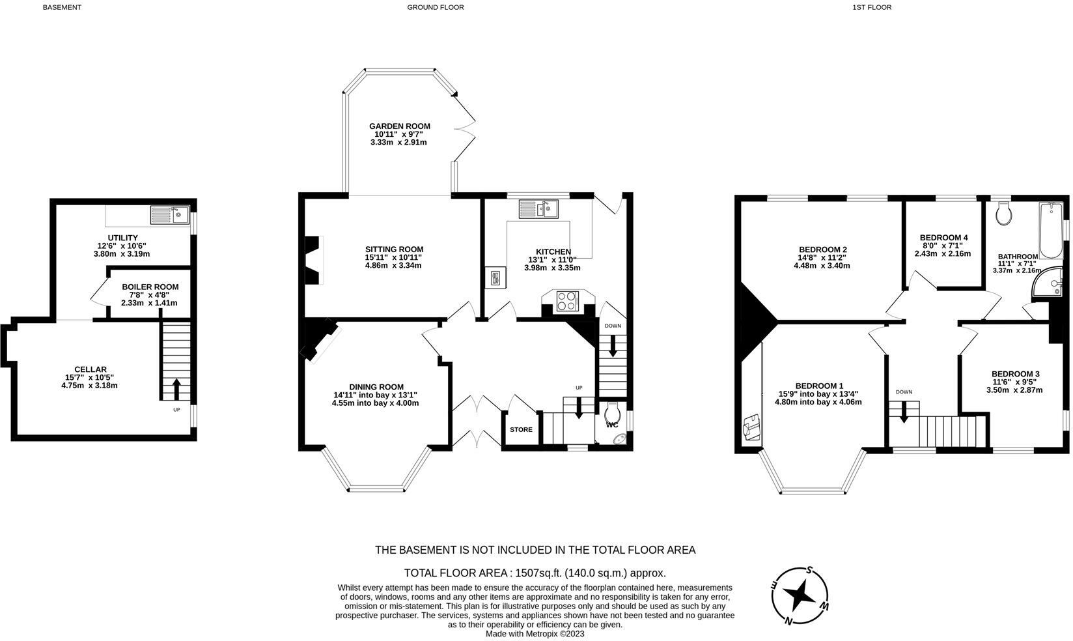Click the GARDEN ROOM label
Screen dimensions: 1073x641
pyautogui.click(x=400, y=126)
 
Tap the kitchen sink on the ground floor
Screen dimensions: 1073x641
pyautogui.click(x=538, y=209)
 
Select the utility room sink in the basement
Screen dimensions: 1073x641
pyautogui.click(x=169, y=215)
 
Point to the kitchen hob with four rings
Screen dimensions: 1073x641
pyautogui.click(x=566, y=301)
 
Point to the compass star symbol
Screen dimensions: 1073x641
pyautogui.click(x=800, y=596)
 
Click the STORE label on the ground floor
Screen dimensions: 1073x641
pyautogui.click(x=521, y=429)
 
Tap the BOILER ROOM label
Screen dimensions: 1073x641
pyautogui.click(x=150, y=287)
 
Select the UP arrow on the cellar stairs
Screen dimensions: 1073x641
pyautogui.click(x=176, y=389)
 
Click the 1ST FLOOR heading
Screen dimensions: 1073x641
pyautogui.click(x=872, y=7)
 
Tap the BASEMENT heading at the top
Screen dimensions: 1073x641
pyautogui.click(x=62, y=7)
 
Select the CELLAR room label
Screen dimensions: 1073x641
pyautogui.click(x=91, y=369)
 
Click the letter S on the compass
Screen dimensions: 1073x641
pyautogui.click(x=809, y=570)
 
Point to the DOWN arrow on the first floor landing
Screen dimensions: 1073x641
pyautogui.click(x=904, y=412)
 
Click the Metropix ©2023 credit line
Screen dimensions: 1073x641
pyautogui.click(x=535, y=634)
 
